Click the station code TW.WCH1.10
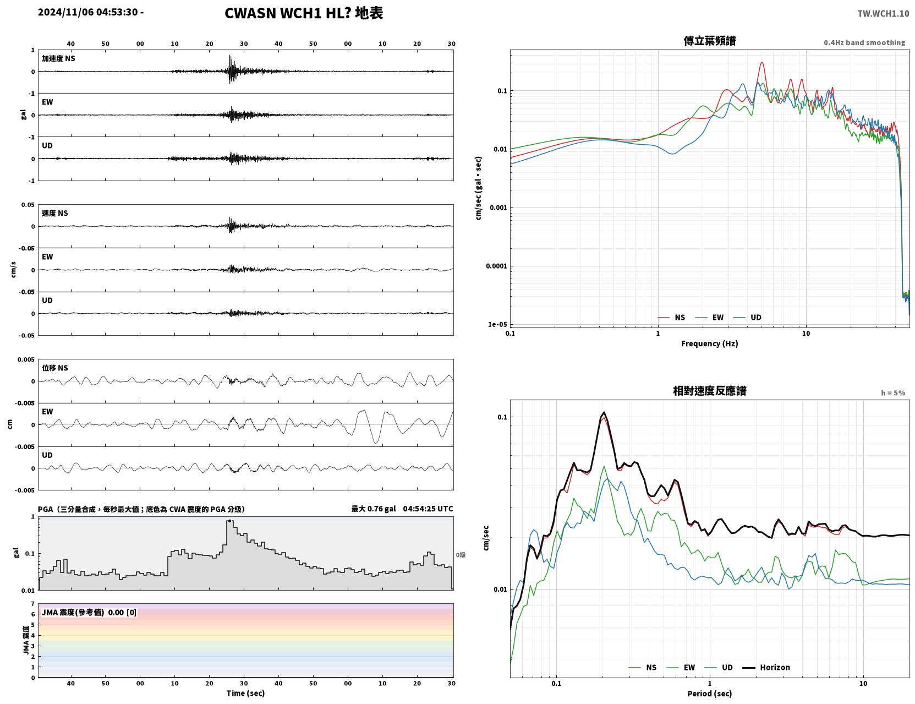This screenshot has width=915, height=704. [883, 13]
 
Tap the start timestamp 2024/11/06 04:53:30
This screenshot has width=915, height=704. [87, 12]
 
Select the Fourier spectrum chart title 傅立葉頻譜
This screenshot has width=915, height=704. [710, 41]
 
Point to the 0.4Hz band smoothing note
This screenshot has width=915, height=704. [864, 42]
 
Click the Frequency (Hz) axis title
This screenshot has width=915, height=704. [710, 343]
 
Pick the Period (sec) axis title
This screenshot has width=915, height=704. [710, 694]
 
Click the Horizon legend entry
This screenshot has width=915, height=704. [766, 667]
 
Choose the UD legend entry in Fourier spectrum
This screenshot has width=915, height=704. [747, 318]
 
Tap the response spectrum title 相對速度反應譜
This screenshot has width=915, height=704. [710, 391]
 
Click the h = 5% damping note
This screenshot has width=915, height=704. [892, 393]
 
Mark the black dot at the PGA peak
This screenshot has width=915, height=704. [229, 521]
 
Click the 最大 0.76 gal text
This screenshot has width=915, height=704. [374, 509]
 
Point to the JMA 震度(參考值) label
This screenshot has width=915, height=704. [73, 612]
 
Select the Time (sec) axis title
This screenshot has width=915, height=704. [245, 693]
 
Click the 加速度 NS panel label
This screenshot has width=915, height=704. [58, 58]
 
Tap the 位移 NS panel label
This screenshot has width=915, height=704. [54, 368]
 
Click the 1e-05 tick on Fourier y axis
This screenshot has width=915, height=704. [497, 324]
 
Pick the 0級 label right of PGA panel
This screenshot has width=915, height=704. [461, 555]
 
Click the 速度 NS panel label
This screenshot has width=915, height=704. [54, 213]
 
